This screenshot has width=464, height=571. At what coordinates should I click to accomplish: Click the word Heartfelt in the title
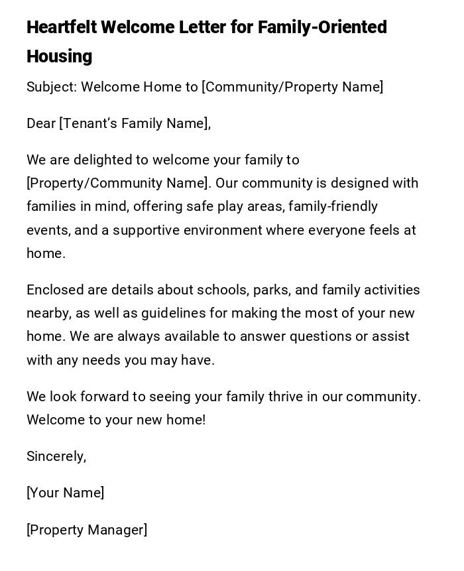[61, 28]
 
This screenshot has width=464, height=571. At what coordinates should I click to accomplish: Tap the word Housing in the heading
[60, 57]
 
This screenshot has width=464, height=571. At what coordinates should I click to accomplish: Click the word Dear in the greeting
[41, 124]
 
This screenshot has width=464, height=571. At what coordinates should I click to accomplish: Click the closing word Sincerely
[56, 457]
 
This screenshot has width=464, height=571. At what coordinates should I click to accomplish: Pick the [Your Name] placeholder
[65, 493]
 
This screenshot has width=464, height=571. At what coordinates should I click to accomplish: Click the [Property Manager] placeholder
[87, 531]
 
